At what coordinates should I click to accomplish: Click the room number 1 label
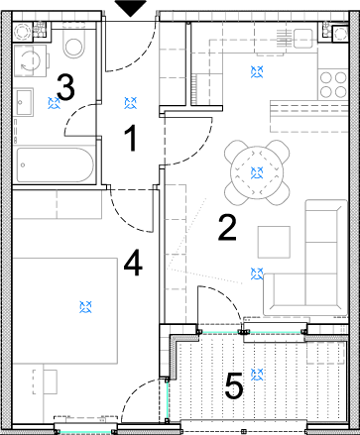tap(131, 139)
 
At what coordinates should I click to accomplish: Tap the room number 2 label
tap(227, 227)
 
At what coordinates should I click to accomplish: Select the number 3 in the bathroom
tap(65, 87)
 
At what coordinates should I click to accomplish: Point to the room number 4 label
tap(133, 264)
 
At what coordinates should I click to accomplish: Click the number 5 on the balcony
tap(234, 385)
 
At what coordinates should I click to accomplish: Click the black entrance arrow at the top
tap(131, 8)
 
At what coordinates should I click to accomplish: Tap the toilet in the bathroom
tap(73, 45)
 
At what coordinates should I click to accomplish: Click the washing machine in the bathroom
tap(31, 60)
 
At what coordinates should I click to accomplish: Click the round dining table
tap(257, 172)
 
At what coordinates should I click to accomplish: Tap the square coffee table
tap(274, 242)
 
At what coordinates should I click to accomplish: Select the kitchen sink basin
tap(302, 39)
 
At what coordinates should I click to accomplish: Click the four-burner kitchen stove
tap(333, 84)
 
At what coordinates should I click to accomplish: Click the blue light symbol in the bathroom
tap(54, 103)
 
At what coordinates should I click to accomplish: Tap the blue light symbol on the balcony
tap(257, 375)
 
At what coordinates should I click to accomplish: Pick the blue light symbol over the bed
tap(85, 307)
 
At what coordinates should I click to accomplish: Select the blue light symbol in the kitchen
tap(257, 71)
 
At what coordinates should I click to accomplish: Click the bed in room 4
tap(64, 311)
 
